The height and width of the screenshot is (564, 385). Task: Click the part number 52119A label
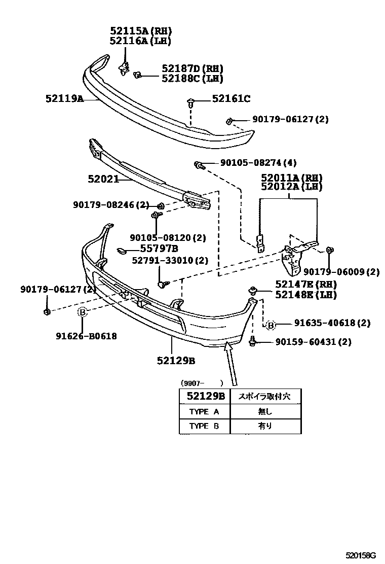(64, 99)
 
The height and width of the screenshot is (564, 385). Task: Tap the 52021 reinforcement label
(103, 179)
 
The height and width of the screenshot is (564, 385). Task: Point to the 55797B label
(159, 249)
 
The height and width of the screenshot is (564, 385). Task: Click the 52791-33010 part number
(170, 260)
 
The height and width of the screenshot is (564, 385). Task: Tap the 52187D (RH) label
(192, 68)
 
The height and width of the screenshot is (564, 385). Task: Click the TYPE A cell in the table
(204, 411)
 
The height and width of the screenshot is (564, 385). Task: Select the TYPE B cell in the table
(204, 426)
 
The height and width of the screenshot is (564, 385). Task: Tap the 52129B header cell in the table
(205, 396)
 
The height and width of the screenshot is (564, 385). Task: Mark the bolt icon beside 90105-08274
(199, 164)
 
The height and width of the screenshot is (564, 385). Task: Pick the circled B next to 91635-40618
(271, 325)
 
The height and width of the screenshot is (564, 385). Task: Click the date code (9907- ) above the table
(202, 383)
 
